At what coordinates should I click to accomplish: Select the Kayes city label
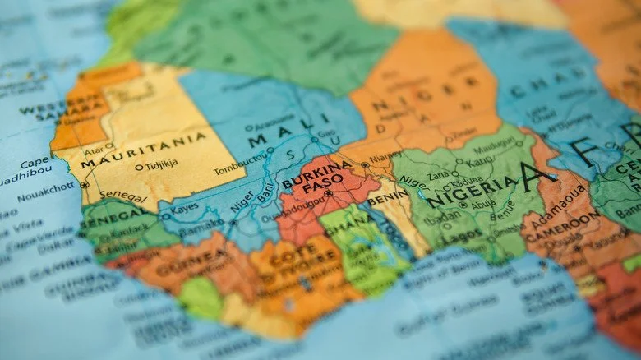(184, 208)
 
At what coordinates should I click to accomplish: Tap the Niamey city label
(386, 158)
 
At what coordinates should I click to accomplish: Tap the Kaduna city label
(467, 182)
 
